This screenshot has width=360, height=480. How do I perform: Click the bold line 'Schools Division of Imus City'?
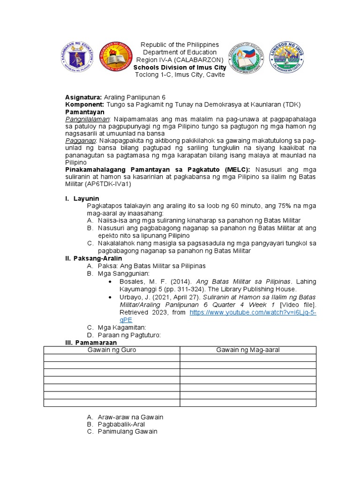click(x=180, y=67)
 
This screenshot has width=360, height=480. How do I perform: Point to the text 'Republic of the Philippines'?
click(x=180, y=45)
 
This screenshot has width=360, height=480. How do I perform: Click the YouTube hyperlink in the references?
click(x=253, y=312)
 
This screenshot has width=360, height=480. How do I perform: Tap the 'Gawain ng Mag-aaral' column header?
click(x=248, y=350)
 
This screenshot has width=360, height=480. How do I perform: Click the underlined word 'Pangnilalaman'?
click(x=87, y=120)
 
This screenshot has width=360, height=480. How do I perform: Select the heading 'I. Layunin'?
click(x=82, y=199)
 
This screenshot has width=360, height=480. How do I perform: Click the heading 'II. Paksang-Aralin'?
click(x=93, y=258)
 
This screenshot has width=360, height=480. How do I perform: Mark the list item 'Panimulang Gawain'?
click(x=127, y=431)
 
